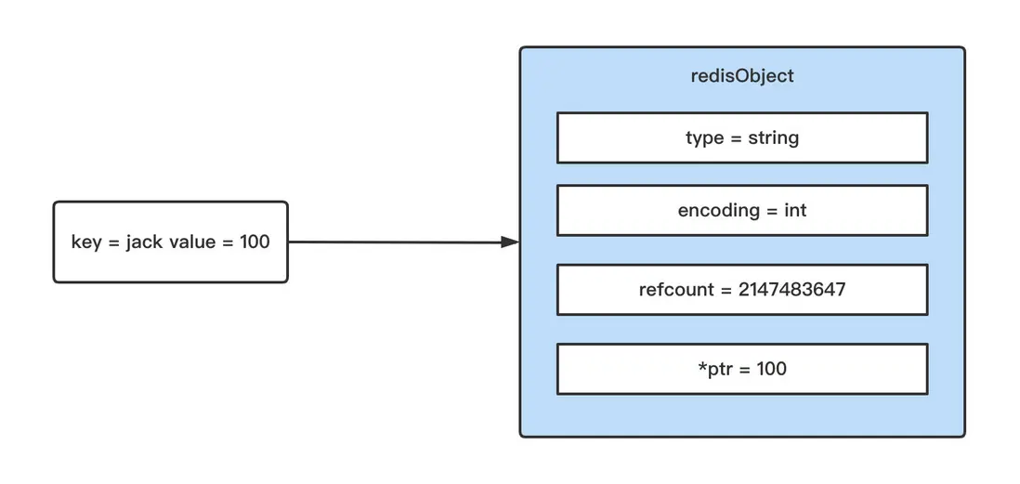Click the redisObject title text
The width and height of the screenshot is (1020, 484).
point(742,76)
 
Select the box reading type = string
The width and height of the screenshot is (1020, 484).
point(742,137)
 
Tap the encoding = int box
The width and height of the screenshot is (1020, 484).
point(742,210)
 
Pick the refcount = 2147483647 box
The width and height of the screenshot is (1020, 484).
point(742,290)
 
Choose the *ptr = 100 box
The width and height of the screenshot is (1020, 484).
point(742,369)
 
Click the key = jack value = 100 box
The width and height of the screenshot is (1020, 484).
point(170,242)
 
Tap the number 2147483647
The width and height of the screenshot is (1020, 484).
point(792,290)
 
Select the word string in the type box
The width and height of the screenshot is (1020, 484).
point(773,137)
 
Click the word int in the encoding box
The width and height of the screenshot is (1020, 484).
point(795,210)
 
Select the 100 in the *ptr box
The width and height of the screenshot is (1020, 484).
point(771,369)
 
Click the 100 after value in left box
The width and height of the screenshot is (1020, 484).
point(254,242)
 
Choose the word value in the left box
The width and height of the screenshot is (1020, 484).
point(191,242)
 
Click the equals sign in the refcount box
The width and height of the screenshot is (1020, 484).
point(726,290)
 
